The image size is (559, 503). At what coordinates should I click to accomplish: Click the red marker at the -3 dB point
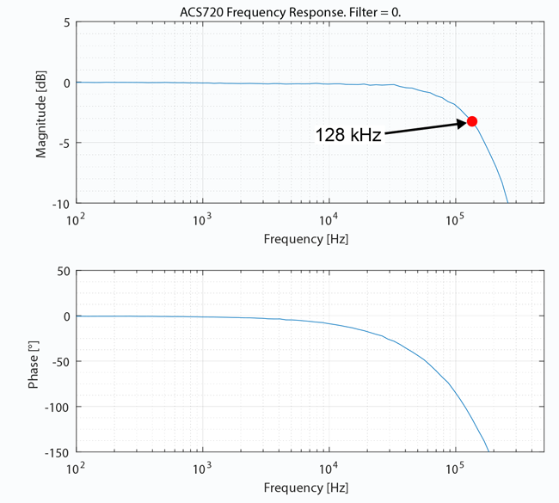pyautogui.click(x=471, y=122)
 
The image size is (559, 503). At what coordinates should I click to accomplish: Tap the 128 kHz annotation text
pyautogui.click(x=347, y=135)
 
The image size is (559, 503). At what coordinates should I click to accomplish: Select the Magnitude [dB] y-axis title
pyautogui.click(x=40, y=114)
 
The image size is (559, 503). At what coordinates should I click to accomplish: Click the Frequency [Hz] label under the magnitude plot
pyautogui.click(x=306, y=238)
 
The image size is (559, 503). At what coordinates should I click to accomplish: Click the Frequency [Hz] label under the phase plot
pyautogui.click(x=306, y=488)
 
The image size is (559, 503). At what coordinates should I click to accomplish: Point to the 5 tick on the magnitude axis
pyautogui.click(x=66, y=22)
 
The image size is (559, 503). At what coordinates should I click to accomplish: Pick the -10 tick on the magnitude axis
pyautogui.click(x=61, y=205)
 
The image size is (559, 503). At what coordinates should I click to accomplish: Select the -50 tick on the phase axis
pyautogui.click(x=58, y=362)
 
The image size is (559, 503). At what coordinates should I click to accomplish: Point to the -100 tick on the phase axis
pyautogui.click(x=56, y=407)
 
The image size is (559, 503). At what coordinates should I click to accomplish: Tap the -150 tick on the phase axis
pyautogui.click(x=56, y=451)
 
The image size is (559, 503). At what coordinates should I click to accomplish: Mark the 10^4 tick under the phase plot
pyautogui.click(x=329, y=468)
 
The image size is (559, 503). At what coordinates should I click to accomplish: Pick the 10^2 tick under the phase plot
pyautogui.click(x=77, y=468)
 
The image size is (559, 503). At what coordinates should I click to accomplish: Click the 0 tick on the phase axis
pyautogui.click(x=66, y=316)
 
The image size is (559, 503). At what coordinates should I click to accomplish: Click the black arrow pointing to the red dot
pyautogui.click(x=425, y=128)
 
